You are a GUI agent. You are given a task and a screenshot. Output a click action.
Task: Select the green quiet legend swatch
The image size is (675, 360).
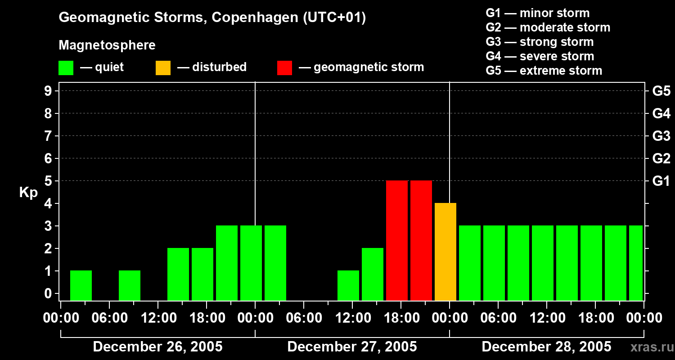[x=66, y=67]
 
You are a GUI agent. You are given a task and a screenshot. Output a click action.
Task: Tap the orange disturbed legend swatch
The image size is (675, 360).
[x=163, y=67]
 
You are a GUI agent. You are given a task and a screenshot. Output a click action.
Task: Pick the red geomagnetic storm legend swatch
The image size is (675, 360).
[x=284, y=67]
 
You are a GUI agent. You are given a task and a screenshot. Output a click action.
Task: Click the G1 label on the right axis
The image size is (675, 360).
[x=661, y=181]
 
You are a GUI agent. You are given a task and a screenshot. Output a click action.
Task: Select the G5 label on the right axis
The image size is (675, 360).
[x=661, y=91]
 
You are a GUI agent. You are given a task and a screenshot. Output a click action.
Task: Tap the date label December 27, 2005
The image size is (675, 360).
[x=352, y=347]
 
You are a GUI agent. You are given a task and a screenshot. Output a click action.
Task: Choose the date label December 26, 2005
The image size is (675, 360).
[x=157, y=347]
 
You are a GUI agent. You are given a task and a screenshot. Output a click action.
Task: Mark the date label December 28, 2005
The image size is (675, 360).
[x=546, y=347]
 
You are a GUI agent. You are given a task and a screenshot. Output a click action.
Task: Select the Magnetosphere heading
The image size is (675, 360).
[x=107, y=45]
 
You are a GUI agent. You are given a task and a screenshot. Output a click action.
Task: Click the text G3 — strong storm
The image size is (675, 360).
[x=540, y=42]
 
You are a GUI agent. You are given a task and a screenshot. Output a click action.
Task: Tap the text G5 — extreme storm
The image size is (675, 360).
[x=544, y=71]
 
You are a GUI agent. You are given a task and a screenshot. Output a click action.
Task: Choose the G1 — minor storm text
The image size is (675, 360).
[x=537, y=13]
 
